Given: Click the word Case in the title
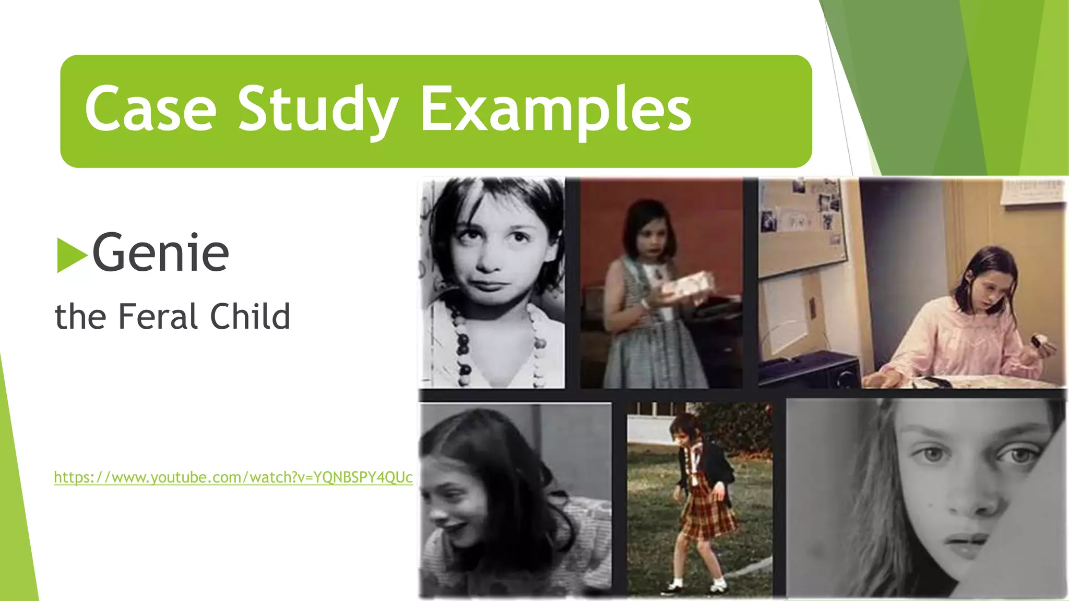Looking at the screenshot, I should pyautogui.click(x=150, y=110).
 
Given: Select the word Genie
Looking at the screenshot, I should pyautogui.click(x=160, y=254).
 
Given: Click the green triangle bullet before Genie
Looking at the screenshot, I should pyautogui.click(x=71, y=255).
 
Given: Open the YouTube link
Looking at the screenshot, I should pyautogui.click(x=233, y=477).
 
